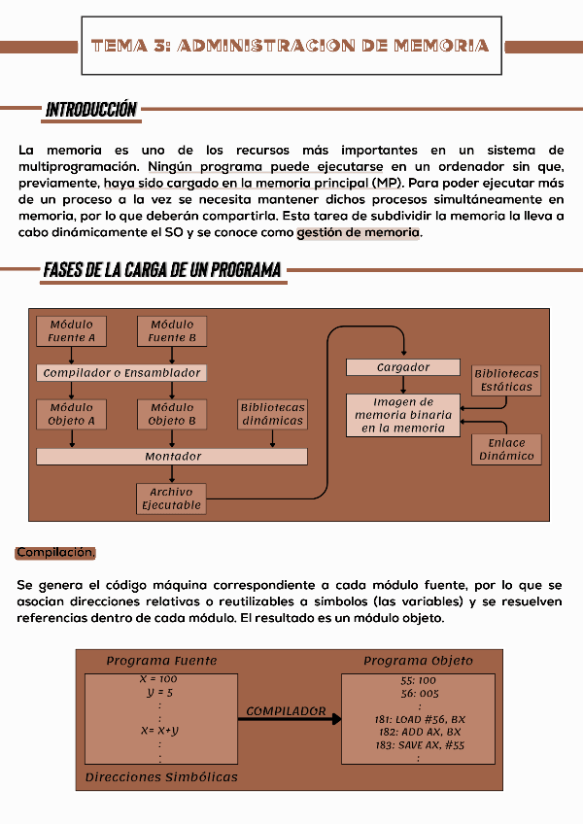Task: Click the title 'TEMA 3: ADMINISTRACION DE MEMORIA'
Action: tap(290, 46)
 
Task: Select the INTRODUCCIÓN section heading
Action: tap(90, 110)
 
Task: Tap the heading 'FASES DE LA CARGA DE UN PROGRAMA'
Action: tap(162, 269)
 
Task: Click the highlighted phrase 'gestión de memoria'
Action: tap(359, 233)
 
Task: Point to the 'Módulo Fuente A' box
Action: tap(72, 331)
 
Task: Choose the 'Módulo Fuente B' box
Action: tap(172, 331)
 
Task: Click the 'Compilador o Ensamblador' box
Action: tap(122, 373)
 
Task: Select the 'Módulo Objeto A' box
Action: tap(72, 415)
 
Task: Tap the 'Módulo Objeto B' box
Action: tap(172, 415)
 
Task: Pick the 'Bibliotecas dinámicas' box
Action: tap(273, 415)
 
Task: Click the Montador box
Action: tap(172, 457)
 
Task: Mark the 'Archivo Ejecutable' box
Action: tap(172, 498)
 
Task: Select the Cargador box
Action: tap(403, 367)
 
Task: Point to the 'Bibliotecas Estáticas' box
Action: tap(506, 380)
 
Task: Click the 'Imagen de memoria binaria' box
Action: tap(403, 415)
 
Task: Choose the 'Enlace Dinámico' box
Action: tap(506, 449)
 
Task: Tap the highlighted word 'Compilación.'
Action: tap(55, 553)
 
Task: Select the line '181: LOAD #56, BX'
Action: tap(418, 719)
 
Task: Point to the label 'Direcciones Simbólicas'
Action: tap(161, 777)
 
